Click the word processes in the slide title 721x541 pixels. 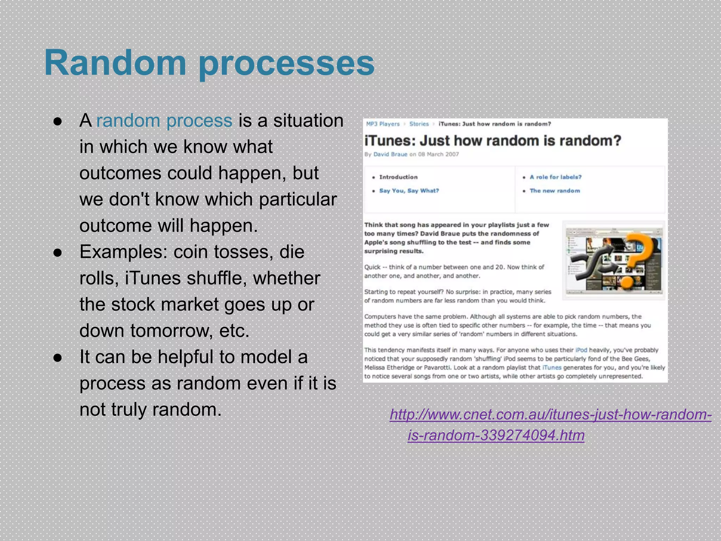[287, 64]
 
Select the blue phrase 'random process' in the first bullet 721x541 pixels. [164, 121]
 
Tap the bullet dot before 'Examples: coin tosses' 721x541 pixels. [58, 253]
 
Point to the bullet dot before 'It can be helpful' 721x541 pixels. [58, 357]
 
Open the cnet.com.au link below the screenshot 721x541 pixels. [551, 415]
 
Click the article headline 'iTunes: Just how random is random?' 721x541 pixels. [493, 141]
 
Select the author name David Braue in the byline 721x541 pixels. [390, 154]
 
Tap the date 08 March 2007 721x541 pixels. [438, 154]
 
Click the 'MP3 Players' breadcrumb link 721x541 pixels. [383, 124]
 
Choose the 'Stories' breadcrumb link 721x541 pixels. [419, 124]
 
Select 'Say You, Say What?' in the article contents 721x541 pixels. [409, 191]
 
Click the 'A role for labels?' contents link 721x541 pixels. [555, 177]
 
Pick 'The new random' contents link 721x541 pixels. [554, 191]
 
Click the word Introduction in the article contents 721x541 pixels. [398, 177]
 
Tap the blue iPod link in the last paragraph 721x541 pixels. [581, 350]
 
